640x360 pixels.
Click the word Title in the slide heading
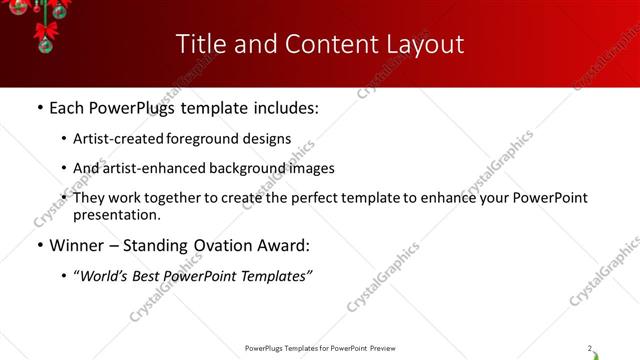coord(200,44)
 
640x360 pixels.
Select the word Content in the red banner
coord(320,44)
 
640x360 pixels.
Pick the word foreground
coord(207,139)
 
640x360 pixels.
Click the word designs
coord(268,139)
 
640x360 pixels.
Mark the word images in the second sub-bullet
coord(312,168)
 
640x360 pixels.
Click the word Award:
coord(284,245)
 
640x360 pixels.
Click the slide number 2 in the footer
coord(590,348)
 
